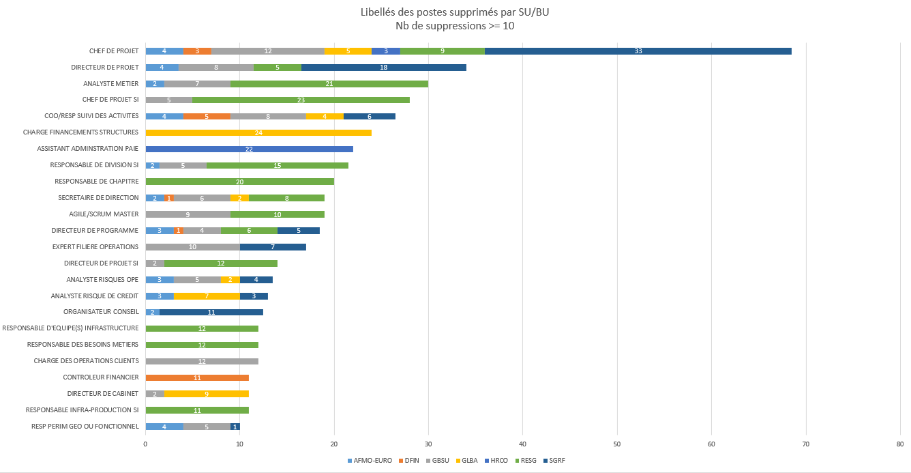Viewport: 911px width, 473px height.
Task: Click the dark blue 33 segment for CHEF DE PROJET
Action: [x=638, y=51]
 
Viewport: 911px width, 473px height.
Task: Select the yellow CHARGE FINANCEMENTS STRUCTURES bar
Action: [x=258, y=132]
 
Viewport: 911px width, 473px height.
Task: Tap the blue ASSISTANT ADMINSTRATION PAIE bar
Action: [x=249, y=149]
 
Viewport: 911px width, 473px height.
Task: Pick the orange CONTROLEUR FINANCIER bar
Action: [x=197, y=377]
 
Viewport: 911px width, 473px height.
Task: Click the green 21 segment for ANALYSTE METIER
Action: [x=329, y=84]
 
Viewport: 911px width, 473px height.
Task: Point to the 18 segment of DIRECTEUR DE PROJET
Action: [x=383, y=68]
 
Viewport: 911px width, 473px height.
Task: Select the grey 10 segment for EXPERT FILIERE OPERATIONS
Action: [x=192, y=247]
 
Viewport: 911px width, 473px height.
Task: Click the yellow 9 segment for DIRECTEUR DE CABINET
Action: [x=206, y=394]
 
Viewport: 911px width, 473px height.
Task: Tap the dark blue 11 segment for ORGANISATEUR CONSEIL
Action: [x=211, y=312]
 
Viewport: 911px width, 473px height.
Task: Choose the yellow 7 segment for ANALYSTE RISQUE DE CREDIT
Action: [x=207, y=296]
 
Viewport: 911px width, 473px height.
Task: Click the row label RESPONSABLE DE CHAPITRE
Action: [x=97, y=182]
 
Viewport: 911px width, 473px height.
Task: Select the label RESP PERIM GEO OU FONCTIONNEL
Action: [x=85, y=427]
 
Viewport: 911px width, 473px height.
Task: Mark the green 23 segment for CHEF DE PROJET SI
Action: [x=301, y=100]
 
